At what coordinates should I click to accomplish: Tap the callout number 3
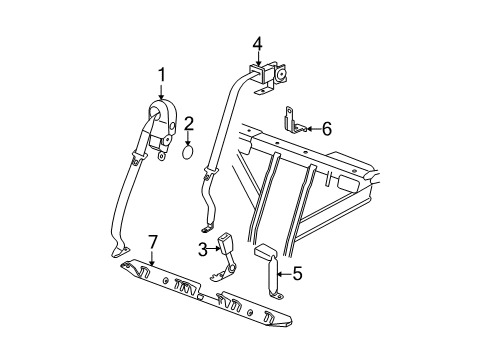pos(203,248)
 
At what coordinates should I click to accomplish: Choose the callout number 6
pos(327,128)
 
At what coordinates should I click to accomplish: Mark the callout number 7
pos(153,242)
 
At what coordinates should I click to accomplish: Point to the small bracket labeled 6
pos(294,123)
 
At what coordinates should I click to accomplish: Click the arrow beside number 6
pos(311,128)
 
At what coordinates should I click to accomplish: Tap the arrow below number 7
pos(153,260)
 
